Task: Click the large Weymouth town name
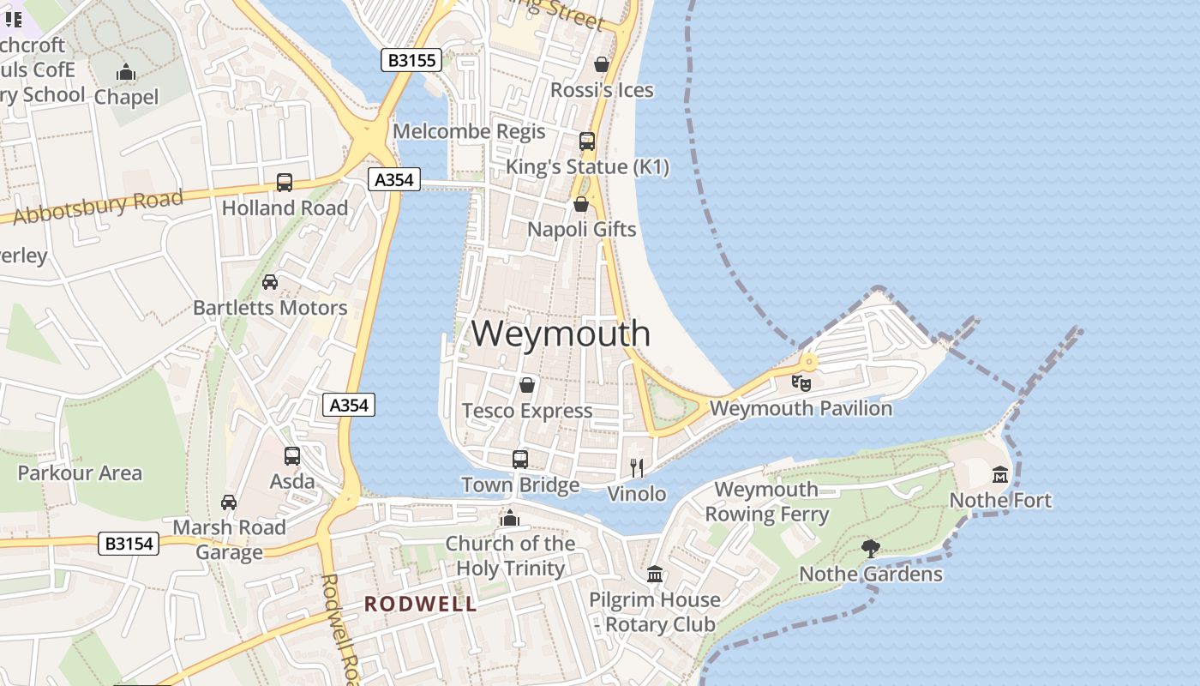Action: click(561, 333)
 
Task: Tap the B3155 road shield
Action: click(411, 60)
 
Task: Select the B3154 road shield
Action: click(129, 543)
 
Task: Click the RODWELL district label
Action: click(420, 604)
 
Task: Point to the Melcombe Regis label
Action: click(469, 131)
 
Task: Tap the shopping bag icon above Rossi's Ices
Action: click(602, 64)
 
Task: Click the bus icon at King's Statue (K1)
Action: click(586, 141)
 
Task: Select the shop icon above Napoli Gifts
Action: click(581, 204)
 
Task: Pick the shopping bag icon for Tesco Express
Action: click(527, 385)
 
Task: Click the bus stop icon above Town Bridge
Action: click(520, 459)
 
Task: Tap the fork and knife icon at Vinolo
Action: click(637, 467)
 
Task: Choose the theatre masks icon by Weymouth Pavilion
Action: click(801, 382)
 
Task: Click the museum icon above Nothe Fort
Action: click(999, 474)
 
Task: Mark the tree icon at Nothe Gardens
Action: click(871, 548)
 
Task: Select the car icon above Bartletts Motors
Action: click(270, 281)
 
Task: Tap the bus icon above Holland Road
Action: click(285, 182)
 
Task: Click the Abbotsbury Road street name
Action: click(99, 207)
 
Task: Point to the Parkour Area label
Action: click(80, 472)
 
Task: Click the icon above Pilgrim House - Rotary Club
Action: click(655, 574)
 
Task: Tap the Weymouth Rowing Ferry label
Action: click(766, 502)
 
